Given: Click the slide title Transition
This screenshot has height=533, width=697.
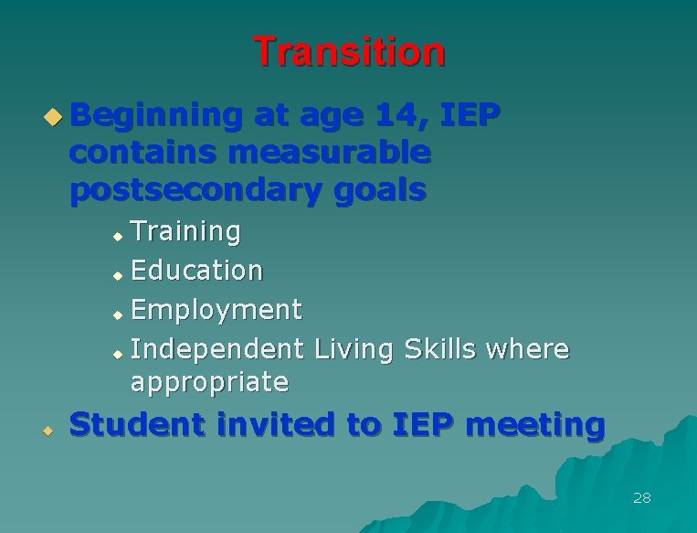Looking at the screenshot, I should point(349,52).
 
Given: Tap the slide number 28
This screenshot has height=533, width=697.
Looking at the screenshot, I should point(641,498).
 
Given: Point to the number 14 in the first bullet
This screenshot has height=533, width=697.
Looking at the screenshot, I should point(403,116).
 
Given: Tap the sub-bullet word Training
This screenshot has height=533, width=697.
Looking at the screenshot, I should point(185,232).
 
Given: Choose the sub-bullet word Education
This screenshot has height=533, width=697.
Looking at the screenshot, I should point(196,271).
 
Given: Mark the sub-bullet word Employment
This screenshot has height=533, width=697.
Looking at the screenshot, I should point(216,310).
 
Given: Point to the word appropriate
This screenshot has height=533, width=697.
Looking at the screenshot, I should point(209,381).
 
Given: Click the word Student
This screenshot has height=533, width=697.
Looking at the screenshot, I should point(129,425).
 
